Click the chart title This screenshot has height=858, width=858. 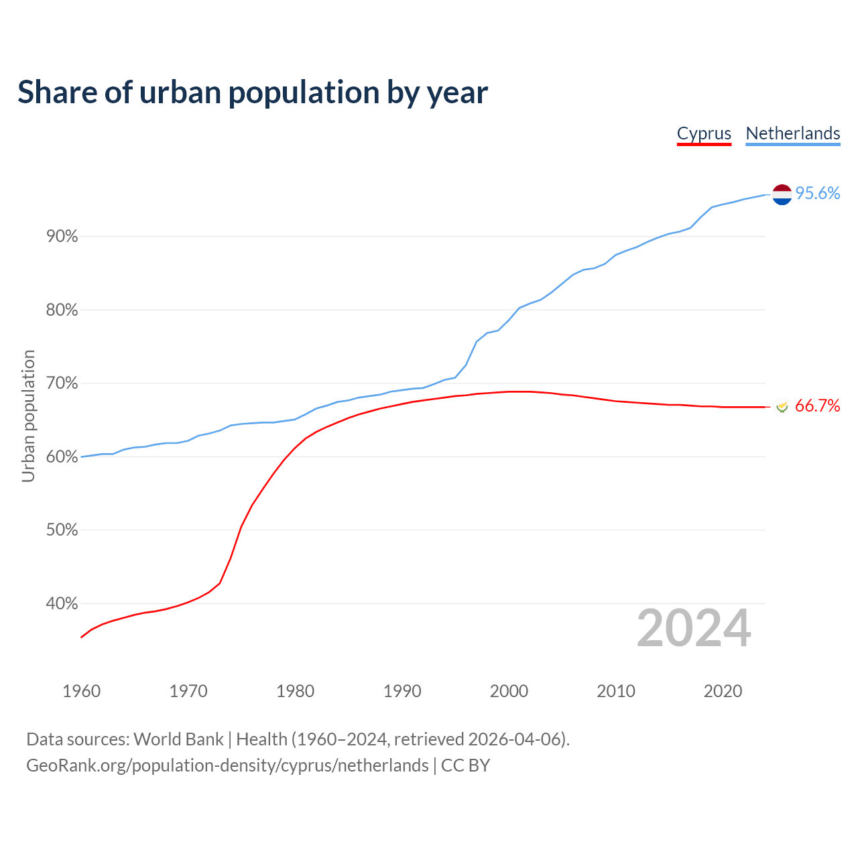pos(253,93)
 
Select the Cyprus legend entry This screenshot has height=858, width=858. pos(704,133)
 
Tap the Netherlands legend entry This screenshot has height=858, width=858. pos(793,133)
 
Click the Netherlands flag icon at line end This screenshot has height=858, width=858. pos(782,194)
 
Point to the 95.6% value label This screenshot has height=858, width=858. pos(818,194)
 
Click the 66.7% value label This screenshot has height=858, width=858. pos(818,406)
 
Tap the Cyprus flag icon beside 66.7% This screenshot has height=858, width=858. pos(782,406)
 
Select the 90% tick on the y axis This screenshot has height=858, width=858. pos(62,237)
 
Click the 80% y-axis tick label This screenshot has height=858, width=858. pos(62,310)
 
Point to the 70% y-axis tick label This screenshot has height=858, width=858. pos(62,383)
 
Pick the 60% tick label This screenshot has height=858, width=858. pos(62,457)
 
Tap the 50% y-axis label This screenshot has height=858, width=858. pos(62,530)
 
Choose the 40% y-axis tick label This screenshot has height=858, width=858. pos(62,604)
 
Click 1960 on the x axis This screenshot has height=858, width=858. pos(82,691)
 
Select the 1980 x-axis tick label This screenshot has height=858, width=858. pos(296,691)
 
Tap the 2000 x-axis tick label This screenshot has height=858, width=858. pos(509,691)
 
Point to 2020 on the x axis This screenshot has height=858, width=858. pos(723,691)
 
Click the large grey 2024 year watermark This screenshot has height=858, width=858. pos(694,628)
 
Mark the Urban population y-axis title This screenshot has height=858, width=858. pos(28,416)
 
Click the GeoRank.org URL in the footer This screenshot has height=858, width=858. pos(227,765)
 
